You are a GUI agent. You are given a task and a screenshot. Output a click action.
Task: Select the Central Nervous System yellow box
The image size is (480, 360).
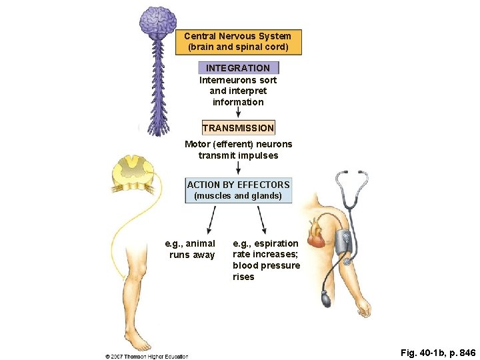pos(238,42)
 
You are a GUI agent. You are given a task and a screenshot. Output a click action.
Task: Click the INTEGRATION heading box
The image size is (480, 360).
pos(238,68)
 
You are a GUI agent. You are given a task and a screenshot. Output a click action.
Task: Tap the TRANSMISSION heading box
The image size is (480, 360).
pos(238,127)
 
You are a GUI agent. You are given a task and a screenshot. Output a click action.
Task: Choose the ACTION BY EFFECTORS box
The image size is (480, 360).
pos(238,190)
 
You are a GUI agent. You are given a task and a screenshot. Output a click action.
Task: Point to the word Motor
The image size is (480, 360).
pos(197,144)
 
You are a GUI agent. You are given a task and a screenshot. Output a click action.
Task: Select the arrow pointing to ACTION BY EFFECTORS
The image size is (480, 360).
pos(238,169)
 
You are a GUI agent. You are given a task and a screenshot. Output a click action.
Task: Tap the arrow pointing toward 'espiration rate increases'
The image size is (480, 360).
pos(262,220)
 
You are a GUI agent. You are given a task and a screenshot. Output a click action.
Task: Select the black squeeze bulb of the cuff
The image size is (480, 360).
pos(325,299)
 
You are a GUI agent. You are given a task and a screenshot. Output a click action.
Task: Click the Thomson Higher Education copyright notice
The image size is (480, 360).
pos(147,357)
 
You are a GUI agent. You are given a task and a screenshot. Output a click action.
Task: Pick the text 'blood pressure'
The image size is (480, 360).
pos(266,265)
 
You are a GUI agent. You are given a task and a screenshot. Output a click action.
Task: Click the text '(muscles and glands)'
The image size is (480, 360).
pos(238,196)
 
